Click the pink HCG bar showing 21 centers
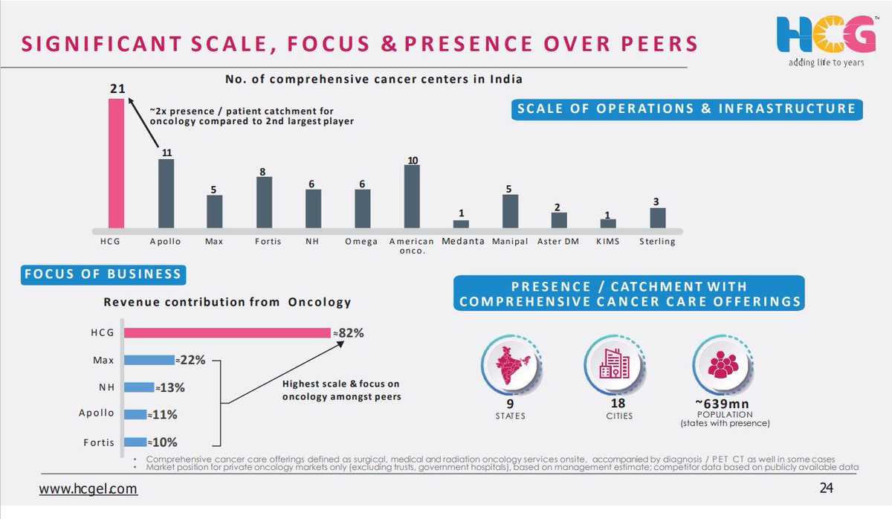coord(117,163)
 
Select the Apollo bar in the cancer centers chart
coord(166,193)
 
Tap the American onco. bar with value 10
coord(412,196)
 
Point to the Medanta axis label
coord(462,241)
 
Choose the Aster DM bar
coord(559,219)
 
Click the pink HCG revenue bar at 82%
coord(227,333)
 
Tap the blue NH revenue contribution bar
coord(139,387)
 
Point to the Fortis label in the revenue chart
coord(99,442)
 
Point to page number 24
coord(826,489)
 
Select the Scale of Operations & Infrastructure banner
coord(685,109)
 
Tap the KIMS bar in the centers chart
coord(608,222)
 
